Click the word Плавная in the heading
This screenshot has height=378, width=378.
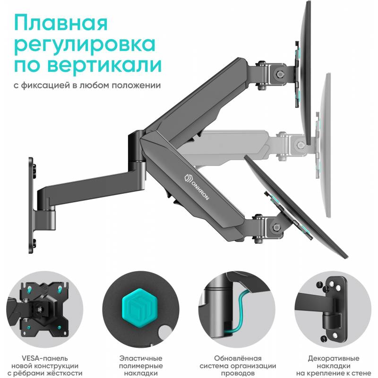(61, 23)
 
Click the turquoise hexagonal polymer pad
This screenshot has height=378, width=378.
(140, 308)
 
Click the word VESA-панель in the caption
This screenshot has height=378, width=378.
(45, 359)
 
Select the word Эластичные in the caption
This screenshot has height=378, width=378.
(141, 359)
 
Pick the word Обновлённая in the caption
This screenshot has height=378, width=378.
(238, 359)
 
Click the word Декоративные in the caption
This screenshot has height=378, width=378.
(334, 359)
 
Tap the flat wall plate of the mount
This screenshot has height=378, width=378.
(31, 206)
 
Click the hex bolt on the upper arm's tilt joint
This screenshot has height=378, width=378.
(279, 74)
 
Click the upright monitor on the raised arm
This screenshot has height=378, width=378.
(305, 72)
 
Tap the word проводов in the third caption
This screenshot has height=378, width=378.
(238, 373)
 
